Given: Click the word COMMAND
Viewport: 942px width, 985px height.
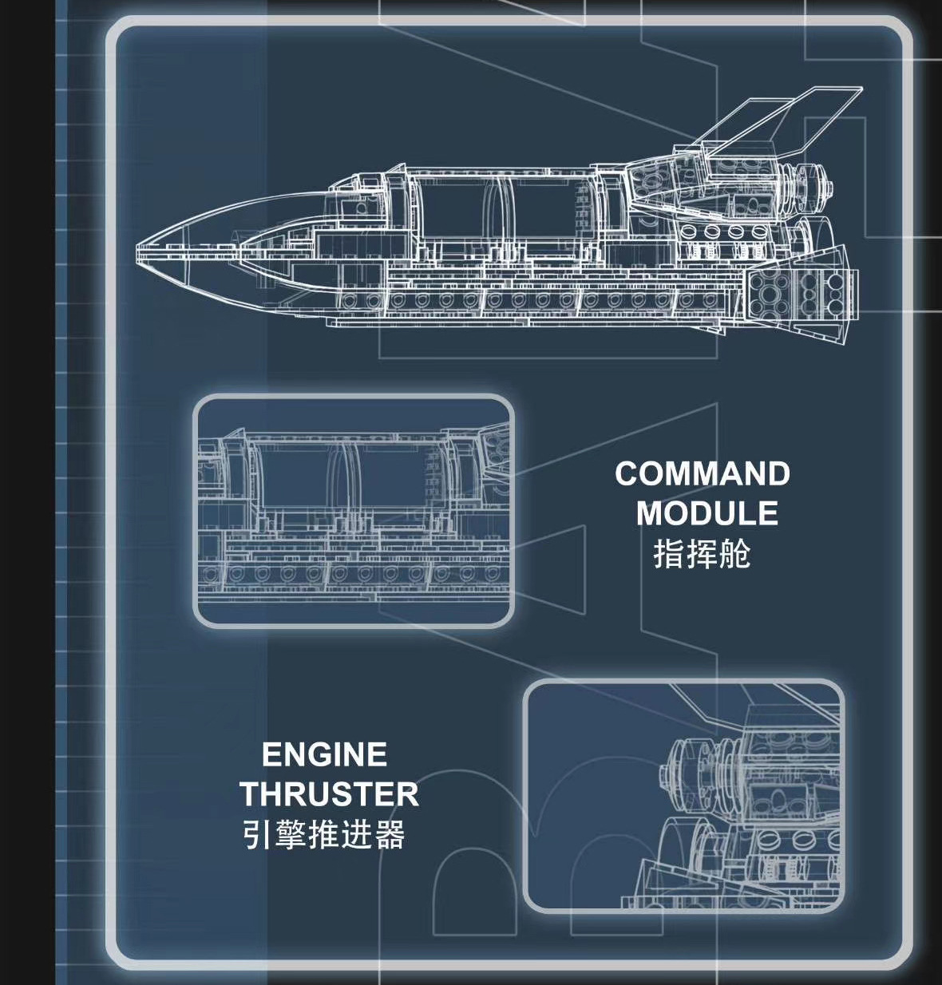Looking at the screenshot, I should tap(702, 474).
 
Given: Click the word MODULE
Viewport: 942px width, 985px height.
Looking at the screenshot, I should tap(706, 513).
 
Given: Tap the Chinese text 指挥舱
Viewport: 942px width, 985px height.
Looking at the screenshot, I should tap(702, 554).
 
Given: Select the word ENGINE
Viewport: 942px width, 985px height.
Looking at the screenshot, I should tap(324, 755).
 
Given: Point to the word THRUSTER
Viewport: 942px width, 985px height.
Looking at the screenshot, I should tap(328, 794).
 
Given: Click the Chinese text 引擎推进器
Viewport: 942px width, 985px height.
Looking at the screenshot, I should tap(323, 835).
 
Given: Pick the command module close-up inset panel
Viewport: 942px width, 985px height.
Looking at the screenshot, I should tap(354, 511).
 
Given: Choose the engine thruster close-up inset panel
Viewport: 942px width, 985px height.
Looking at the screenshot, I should tap(683, 796).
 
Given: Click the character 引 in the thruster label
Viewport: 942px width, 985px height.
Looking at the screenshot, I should tap(255, 835).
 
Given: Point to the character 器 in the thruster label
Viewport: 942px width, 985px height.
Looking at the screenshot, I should tap(390, 835).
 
